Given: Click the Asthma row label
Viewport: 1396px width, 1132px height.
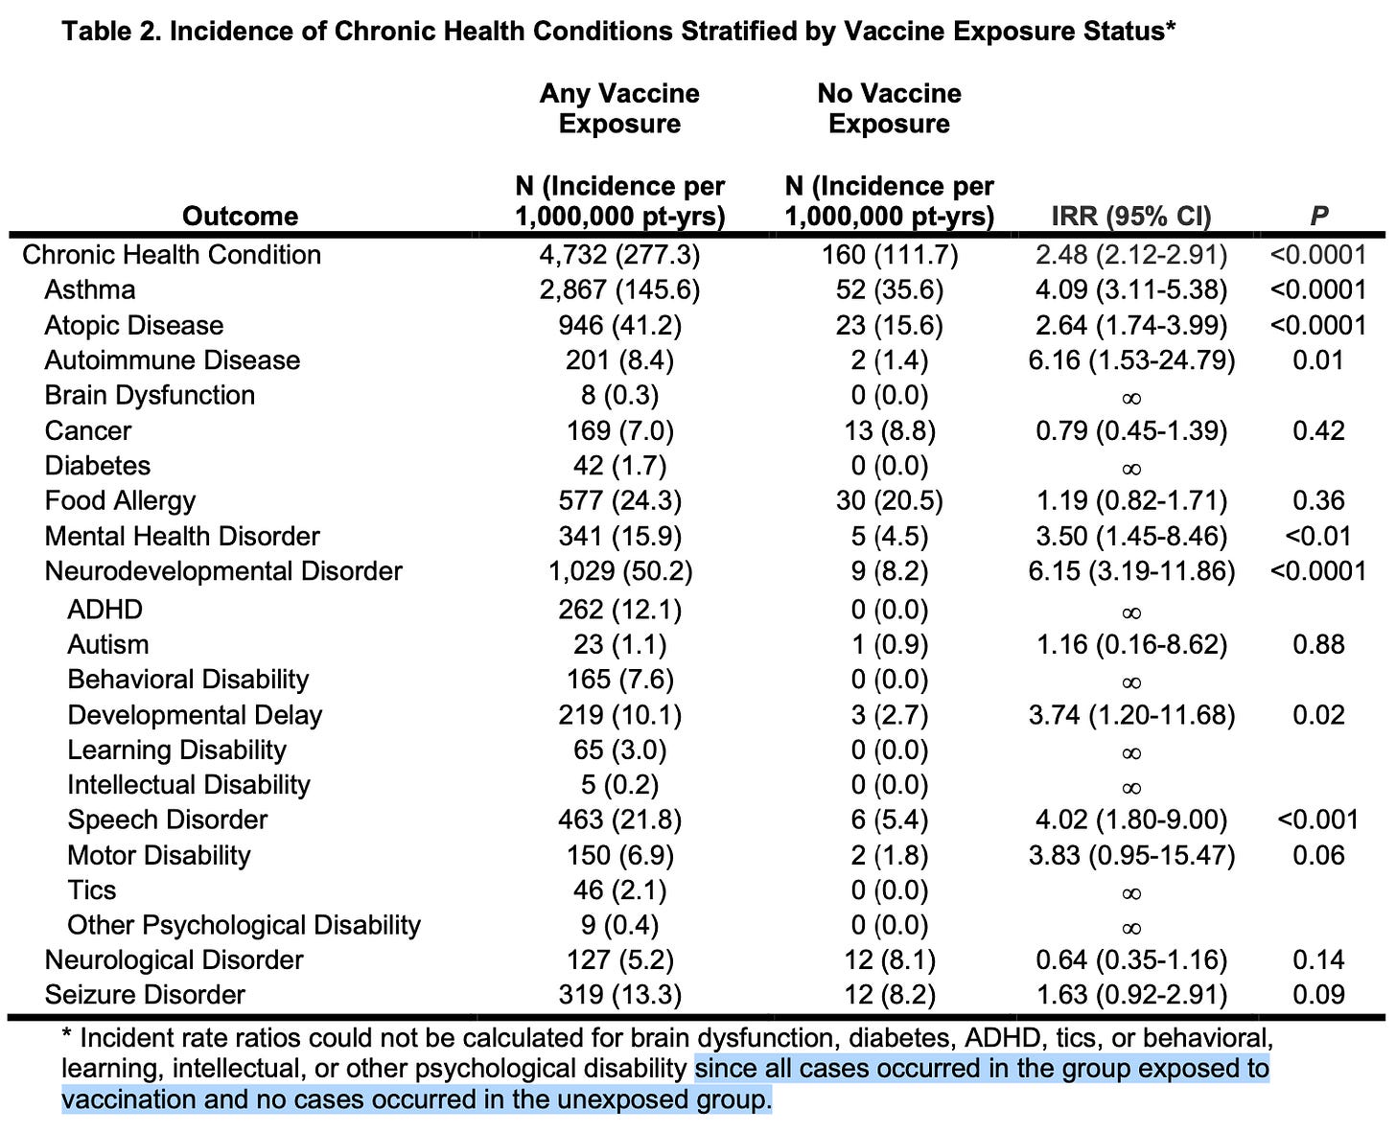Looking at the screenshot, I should point(89,289).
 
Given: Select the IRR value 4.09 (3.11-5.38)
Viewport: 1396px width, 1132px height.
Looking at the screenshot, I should point(1131,289).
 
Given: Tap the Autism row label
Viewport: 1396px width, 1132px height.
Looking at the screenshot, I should point(107,644).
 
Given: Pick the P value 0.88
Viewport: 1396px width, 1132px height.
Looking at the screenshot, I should point(1318,644).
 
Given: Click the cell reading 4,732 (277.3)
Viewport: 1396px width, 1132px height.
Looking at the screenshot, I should point(619,254).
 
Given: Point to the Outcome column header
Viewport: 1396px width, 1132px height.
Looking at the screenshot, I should point(240,216).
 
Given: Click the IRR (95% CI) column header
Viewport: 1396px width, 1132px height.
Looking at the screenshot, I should point(1131,216).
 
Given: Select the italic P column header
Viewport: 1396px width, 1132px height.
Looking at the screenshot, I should point(1318,216).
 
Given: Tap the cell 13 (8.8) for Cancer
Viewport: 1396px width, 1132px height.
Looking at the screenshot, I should point(889,430).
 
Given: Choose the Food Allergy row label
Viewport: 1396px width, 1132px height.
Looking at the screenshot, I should point(120,500).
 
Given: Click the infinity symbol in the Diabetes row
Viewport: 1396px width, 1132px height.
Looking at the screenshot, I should point(1131,468).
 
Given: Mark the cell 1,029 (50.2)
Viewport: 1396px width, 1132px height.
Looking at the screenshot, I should point(619,571).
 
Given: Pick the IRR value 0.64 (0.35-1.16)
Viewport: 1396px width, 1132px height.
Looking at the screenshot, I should point(1131,959).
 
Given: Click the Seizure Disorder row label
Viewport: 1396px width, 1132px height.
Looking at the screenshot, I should point(145,995).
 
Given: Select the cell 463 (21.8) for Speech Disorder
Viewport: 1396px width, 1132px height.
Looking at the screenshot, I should point(619,820).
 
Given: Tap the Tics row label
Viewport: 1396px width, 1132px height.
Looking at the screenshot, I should point(91,889).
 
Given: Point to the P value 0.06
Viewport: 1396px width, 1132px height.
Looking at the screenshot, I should point(1318,855).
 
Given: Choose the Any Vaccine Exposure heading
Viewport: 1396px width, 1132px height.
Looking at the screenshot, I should point(619,108).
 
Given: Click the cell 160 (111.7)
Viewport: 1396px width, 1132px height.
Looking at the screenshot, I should point(889,254).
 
